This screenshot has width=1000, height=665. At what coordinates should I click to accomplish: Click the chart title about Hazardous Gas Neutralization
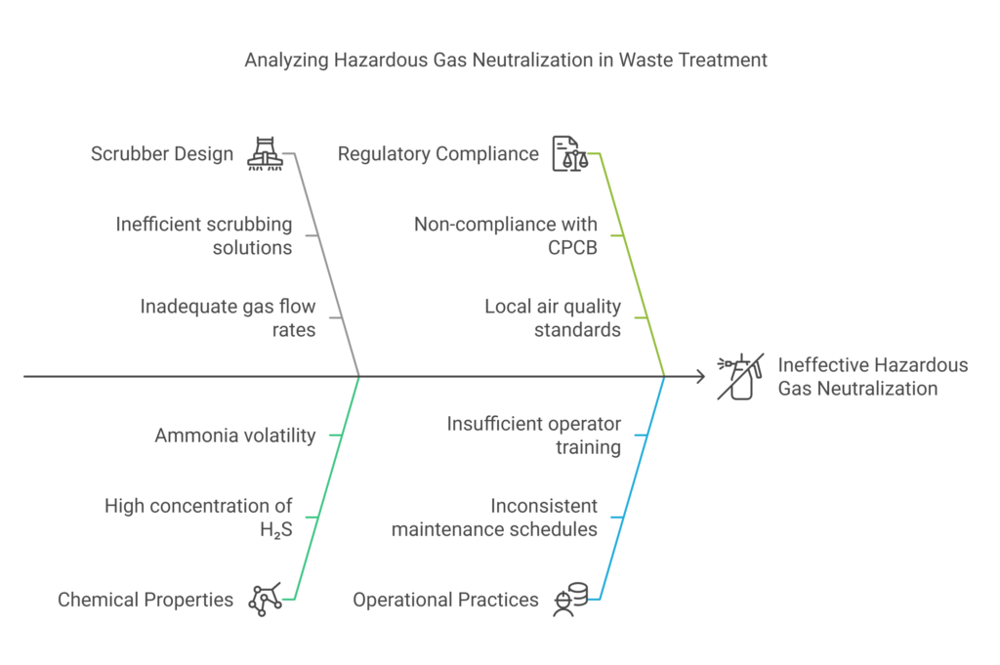pyautogui.click(x=506, y=61)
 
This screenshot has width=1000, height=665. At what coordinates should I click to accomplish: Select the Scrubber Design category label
pyautogui.click(x=162, y=153)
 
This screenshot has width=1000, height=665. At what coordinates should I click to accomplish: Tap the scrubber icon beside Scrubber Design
pyautogui.click(x=265, y=153)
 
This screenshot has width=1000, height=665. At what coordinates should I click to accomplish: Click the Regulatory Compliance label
pyautogui.click(x=437, y=153)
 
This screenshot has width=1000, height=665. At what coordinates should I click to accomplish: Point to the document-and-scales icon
pyautogui.click(x=570, y=153)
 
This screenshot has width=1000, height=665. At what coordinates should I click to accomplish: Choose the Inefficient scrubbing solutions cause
pyautogui.click(x=203, y=235)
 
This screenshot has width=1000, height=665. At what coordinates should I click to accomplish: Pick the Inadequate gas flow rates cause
pyautogui.click(x=228, y=317)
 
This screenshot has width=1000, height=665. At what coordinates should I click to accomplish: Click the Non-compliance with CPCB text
pyautogui.click(x=505, y=235)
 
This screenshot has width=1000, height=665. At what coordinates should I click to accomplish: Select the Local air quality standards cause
pyautogui.click(x=552, y=317)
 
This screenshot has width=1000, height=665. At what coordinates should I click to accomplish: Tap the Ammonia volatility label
pyautogui.click(x=234, y=436)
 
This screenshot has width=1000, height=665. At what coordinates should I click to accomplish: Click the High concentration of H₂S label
pyautogui.click(x=198, y=518)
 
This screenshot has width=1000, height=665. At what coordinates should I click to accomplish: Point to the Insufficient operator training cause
pyautogui.click(x=533, y=436)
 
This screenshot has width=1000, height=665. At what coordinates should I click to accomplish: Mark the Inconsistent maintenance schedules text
pyautogui.click(x=494, y=518)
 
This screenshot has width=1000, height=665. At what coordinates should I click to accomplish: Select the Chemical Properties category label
pyautogui.click(x=146, y=600)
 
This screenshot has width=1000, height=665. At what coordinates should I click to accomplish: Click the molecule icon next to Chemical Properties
pyautogui.click(x=265, y=600)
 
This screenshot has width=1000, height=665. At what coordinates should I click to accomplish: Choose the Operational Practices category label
pyautogui.click(x=445, y=600)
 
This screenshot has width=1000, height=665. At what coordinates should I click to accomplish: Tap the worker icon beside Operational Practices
pyautogui.click(x=569, y=600)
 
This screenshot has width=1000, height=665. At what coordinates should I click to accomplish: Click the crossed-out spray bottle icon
pyautogui.click(x=739, y=377)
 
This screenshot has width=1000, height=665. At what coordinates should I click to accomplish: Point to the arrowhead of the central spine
pyautogui.click(x=700, y=376)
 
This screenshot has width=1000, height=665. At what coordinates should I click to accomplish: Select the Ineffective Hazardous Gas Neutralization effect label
pyautogui.click(x=872, y=377)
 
